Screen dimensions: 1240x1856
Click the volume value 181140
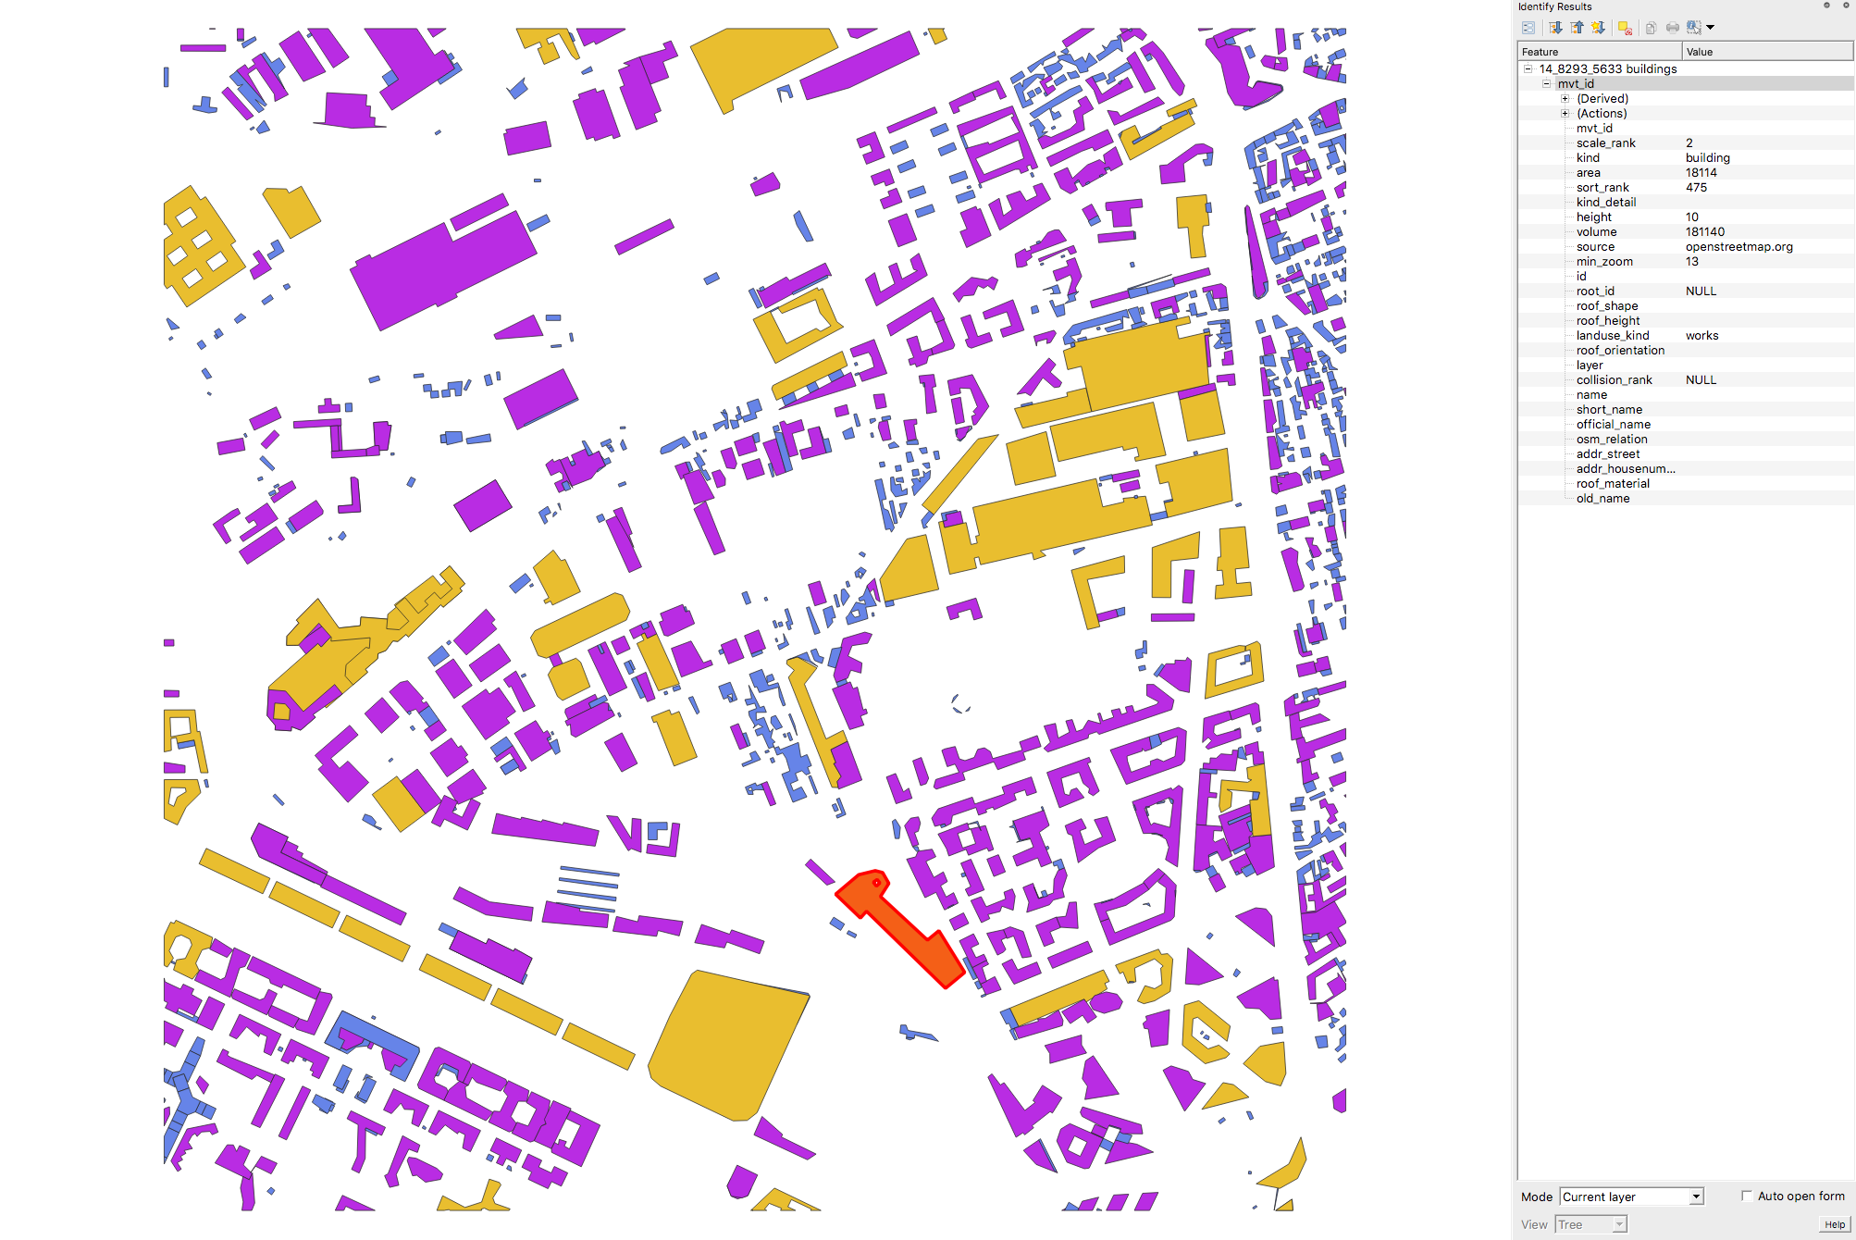pyautogui.click(x=1704, y=232)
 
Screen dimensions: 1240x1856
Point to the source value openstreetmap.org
pyautogui.click(x=1738, y=247)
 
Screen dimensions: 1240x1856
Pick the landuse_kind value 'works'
pyautogui.click(x=1701, y=336)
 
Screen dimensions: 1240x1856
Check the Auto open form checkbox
pyautogui.click(x=1747, y=1196)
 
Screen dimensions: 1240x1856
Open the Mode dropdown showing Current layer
pyautogui.click(x=1631, y=1197)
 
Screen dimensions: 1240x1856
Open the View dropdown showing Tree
pyautogui.click(x=1591, y=1224)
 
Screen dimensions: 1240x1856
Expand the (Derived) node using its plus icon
pyautogui.click(x=1565, y=99)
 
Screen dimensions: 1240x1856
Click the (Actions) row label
pyautogui.click(x=1602, y=114)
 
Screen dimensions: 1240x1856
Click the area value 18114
pyautogui.click(x=1701, y=173)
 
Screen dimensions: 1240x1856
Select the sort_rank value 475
pyautogui.click(x=1696, y=188)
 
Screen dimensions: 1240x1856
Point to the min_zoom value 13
pyautogui.click(x=1691, y=262)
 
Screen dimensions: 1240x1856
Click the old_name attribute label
pyautogui.click(x=1602, y=499)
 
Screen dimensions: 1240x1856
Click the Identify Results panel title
pyautogui.click(x=1554, y=6)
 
